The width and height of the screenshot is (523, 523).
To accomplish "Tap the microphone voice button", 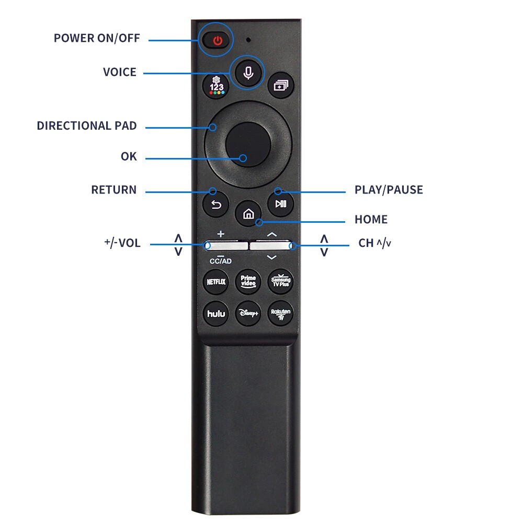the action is click(x=248, y=73).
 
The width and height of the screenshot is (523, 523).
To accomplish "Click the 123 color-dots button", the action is click(x=216, y=85).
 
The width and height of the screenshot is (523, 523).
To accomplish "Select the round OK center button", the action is click(x=248, y=144).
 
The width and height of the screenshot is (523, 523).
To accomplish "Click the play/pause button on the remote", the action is click(x=280, y=204).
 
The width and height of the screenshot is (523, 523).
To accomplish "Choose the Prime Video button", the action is click(x=248, y=282).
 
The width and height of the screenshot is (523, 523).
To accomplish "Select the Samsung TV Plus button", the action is click(x=280, y=282).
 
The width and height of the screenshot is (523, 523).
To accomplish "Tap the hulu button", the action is click(x=216, y=314).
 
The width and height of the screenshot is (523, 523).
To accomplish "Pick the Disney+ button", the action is click(x=248, y=314).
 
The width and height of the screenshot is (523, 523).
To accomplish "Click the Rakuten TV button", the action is click(x=280, y=314).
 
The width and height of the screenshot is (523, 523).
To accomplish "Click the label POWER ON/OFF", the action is click(x=97, y=38).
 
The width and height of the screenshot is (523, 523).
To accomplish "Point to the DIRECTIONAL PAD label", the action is click(x=86, y=126).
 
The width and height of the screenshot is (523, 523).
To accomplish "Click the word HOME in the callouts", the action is click(x=371, y=219).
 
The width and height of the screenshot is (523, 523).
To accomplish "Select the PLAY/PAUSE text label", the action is click(x=389, y=189).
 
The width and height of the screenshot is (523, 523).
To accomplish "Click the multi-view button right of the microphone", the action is click(x=281, y=85).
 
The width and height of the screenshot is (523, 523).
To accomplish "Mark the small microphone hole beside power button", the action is click(x=248, y=40).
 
